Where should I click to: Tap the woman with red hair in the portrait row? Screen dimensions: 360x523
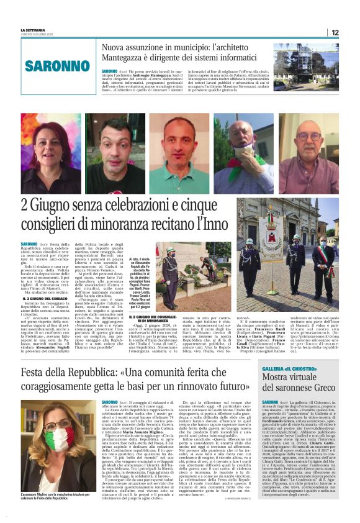coord(50,153)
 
